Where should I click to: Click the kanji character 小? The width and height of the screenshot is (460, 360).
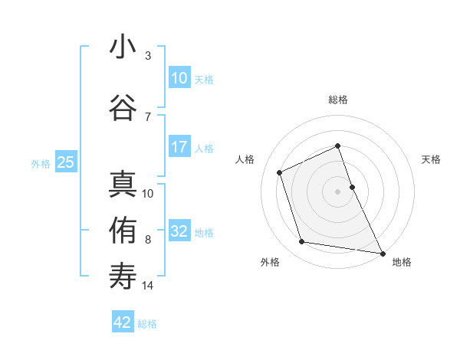(123, 47)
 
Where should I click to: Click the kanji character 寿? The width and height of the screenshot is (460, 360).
(123, 277)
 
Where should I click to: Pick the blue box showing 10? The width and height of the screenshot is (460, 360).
(179, 78)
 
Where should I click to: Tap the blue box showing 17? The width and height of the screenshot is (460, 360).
(179, 148)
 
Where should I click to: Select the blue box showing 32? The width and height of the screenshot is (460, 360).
(179, 232)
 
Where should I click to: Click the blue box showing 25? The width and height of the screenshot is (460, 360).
(65, 162)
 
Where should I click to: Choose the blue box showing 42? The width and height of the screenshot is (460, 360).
(123, 323)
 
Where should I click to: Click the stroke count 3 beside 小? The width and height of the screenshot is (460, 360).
(148, 56)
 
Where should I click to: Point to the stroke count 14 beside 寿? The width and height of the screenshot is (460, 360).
(148, 286)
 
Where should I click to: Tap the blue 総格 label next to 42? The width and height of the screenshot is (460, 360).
(147, 324)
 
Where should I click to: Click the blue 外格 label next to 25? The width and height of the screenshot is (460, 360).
(41, 163)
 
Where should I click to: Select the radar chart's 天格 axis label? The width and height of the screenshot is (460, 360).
(431, 159)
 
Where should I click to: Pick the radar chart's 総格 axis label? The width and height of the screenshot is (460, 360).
(338, 100)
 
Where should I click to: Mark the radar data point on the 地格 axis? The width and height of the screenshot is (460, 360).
(382, 252)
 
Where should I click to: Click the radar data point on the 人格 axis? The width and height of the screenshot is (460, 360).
(280, 172)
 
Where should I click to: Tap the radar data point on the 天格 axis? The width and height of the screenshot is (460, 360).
(353, 186)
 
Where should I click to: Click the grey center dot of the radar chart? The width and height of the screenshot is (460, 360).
(338, 191)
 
